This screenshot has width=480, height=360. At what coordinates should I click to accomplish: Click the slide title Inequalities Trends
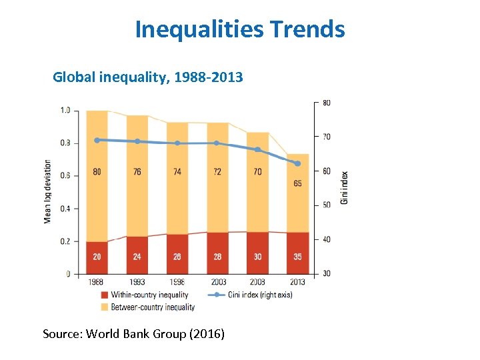[240, 29]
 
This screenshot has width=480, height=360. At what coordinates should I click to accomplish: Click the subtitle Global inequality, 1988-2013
[148, 78]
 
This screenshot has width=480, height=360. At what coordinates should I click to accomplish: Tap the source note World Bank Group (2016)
[133, 333]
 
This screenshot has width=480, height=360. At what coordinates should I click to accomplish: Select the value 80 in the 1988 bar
[97, 172]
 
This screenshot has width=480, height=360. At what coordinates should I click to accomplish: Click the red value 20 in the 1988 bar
[97, 257]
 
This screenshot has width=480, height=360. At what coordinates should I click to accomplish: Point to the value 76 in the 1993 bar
[137, 172]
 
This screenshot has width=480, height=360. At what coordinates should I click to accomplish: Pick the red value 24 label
[137, 257]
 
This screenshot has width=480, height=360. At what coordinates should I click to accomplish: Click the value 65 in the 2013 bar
[297, 183]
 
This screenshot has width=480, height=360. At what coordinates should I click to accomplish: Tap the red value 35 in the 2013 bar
[297, 257]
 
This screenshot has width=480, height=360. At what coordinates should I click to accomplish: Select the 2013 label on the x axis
[297, 282]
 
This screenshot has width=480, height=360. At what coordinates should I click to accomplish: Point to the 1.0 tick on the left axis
[65, 111]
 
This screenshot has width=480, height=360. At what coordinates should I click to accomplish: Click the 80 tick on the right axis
[327, 103]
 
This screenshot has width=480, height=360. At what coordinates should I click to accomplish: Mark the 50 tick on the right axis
[327, 205]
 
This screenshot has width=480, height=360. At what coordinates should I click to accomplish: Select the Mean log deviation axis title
[48, 191]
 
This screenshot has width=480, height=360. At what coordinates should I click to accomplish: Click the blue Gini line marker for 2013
[297, 163]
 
